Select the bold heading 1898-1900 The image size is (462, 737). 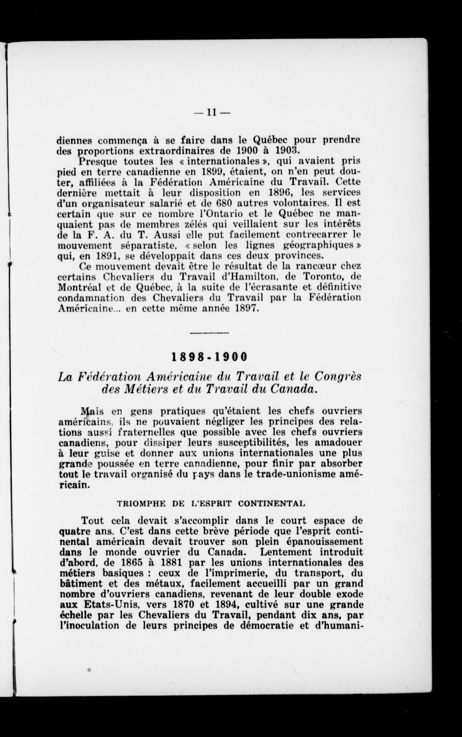pyautogui.click(x=209, y=357)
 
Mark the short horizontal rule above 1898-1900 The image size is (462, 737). pyautogui.click(x=209, y=332)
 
